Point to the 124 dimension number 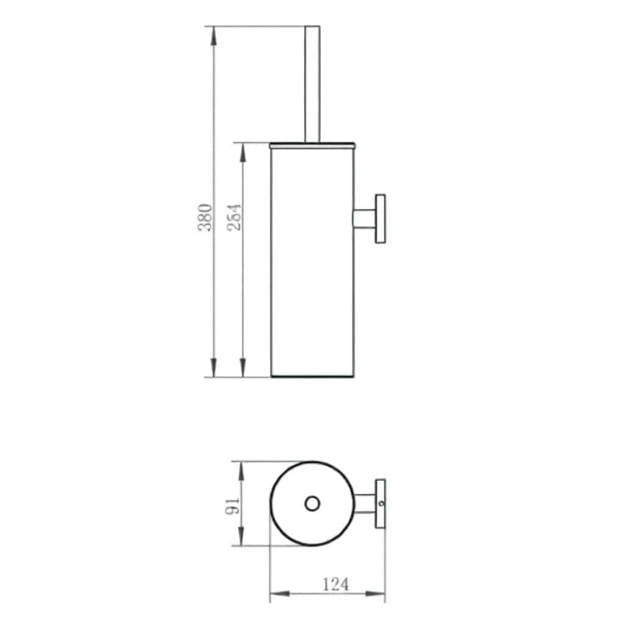click(x=335, y=584)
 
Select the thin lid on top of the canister click(x=312, y=145)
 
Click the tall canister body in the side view click(x=312, y=262)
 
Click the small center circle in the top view click(x=312, y=504)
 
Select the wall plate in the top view click(x=381, y=504)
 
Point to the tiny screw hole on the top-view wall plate click(x=381, y=504)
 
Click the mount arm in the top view click(x=365, y=504)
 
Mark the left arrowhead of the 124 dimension click(x=278, y=593)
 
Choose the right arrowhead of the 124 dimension click(x=377, y=593)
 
